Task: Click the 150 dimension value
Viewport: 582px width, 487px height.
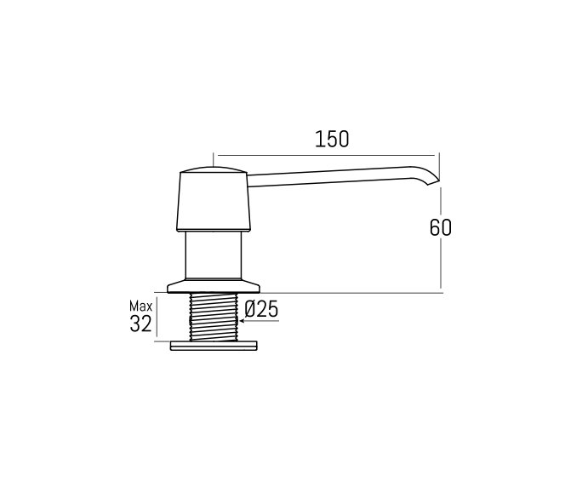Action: [x=332, y=140]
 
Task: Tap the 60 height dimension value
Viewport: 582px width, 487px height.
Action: [x=440, y=227]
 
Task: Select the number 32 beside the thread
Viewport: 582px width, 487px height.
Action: [x=141, y=324]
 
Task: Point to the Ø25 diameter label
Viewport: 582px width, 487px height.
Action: [x=260, y=310]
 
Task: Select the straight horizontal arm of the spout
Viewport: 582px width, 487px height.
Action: [x=332, y=177]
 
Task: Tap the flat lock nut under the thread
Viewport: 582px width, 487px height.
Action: [x=213, y=346]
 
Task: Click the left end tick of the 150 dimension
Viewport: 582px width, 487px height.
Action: [x=213, y=158]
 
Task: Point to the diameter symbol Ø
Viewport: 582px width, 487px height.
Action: [x=250, y=310]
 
